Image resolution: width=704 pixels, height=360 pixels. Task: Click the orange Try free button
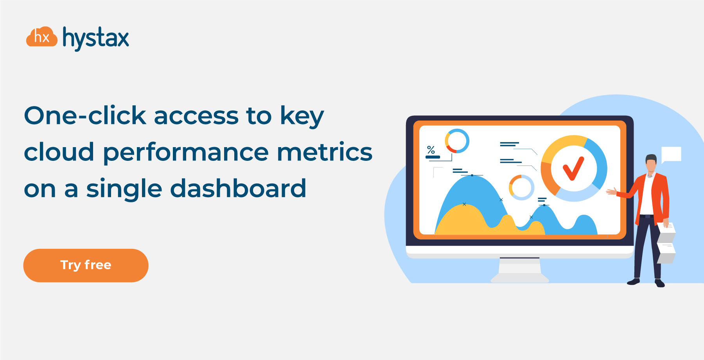pos(86,265)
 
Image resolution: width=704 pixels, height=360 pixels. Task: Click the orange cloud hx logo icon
pos(42,37)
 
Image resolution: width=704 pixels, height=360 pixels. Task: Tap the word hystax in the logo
pos(96,38)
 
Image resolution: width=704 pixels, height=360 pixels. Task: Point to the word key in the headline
pos(302,117)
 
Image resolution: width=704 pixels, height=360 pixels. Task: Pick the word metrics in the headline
pos(325,152)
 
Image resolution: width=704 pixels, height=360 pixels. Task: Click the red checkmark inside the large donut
pos(573,168)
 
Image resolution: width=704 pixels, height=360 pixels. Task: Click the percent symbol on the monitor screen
pos(431,150)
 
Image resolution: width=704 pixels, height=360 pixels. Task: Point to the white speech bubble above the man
pos(671,155)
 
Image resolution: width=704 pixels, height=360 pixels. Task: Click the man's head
pos(651,164)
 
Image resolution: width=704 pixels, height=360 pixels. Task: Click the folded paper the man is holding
pos(666,243)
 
